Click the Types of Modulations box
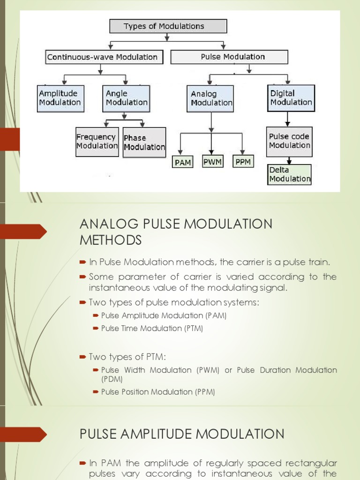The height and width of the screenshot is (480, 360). point(168,26)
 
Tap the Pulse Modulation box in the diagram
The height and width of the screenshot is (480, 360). point(229,57)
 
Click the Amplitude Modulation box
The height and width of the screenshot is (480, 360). point(60,98)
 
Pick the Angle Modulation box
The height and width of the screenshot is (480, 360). point(126,98)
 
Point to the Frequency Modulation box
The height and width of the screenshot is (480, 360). point(97,142)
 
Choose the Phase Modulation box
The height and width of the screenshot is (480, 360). point(144,142)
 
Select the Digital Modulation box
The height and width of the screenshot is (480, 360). point(291,98)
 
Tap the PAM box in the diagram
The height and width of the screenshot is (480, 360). point(183,163)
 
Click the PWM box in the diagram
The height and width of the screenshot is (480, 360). point(212,162)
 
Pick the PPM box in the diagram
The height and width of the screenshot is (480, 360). point(243,162)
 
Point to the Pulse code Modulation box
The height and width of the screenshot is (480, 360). point(289,141)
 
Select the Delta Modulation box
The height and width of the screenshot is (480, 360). point(290,174)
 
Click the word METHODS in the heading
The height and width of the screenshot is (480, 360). point(111,240)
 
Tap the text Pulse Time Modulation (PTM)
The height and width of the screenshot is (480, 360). point(152,329)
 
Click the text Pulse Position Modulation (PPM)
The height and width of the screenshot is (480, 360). point(158,392)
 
